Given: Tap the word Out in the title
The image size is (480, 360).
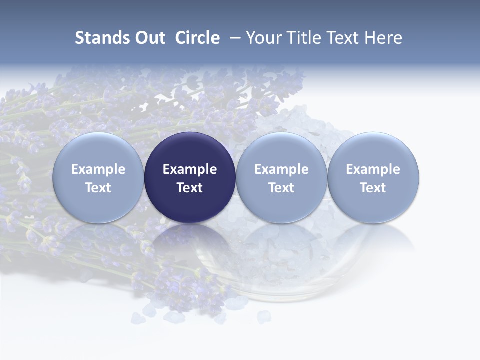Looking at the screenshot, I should [x=149, y=38].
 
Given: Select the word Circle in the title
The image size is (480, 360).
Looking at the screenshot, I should [x=197, y=38].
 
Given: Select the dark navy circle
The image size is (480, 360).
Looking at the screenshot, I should [x=190, y=150].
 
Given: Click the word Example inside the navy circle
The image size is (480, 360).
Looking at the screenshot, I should [x=190, y=169].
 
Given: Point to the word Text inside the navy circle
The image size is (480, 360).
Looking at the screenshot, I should [x=190, y=188].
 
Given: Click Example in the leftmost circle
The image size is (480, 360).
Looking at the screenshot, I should [x=98, y=169].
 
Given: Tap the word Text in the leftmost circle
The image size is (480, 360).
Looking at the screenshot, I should [x=98, y=188].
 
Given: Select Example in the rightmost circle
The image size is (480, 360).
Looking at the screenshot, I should [x=373, y=169].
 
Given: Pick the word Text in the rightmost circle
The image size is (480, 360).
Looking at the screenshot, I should [x=373, y=188].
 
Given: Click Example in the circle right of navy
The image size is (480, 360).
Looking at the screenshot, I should [x=281, y=169].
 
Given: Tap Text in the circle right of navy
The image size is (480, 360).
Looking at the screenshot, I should [x=281, y=188].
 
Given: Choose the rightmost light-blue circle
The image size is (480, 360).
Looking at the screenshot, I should [x=373, y=150].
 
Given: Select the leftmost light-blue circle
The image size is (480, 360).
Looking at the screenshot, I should [x=98, y=150].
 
